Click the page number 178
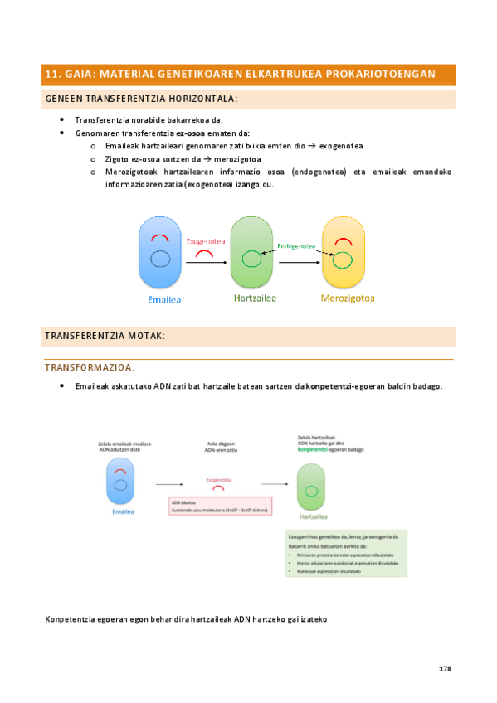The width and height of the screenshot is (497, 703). point(444,668)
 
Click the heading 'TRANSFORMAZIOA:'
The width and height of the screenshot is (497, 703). point(90,367)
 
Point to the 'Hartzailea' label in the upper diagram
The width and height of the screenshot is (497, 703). point(255,298)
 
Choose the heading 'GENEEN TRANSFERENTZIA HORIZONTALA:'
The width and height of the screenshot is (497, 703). point(141,99)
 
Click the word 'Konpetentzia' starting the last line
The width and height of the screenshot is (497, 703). point(70,618)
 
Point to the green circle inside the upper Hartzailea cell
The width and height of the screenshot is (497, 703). point(251,259)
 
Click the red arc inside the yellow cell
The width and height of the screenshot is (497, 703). point(341,243)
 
